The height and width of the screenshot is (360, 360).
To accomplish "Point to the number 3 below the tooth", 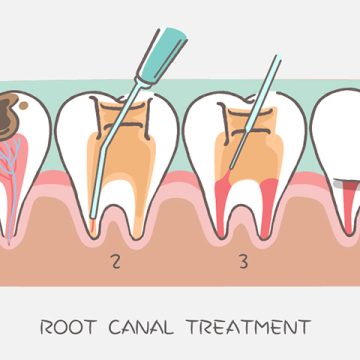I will tap(242, 264).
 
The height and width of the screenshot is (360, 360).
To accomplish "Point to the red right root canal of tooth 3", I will tap(268, 195).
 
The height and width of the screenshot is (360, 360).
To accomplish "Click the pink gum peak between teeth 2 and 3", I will tap(181, 165).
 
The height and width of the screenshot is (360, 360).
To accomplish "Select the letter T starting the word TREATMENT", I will tap(200, 326).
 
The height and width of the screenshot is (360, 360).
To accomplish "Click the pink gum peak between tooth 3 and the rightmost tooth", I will tap(305, 165).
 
